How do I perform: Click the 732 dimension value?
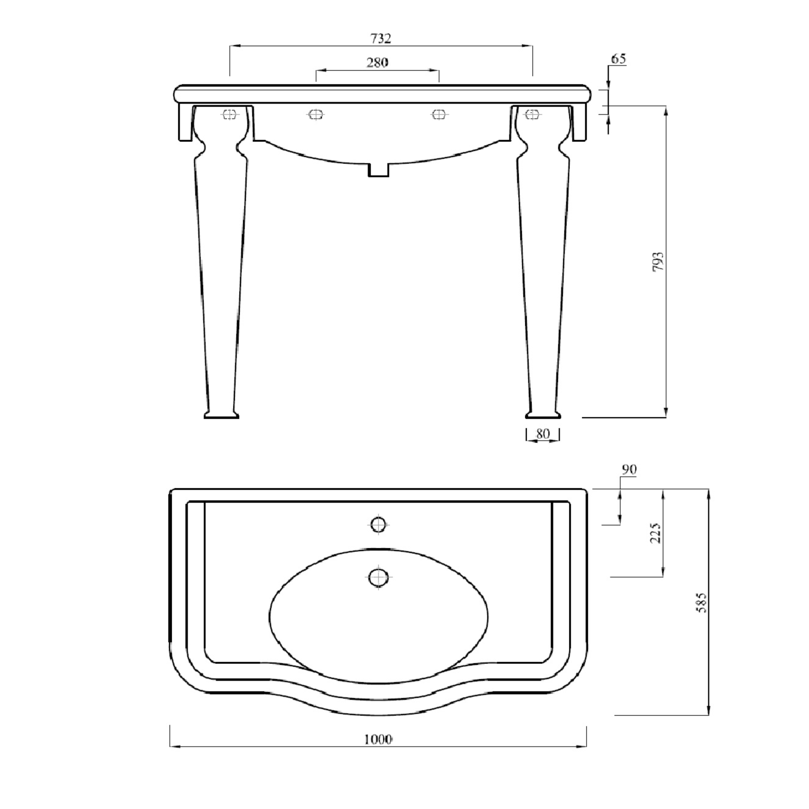point(381,39)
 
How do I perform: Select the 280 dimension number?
point(377,63)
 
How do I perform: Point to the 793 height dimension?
point(658,262)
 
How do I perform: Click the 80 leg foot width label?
point(542,434)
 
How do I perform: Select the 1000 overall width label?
point(378,740)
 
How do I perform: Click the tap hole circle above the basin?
point(379,524)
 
